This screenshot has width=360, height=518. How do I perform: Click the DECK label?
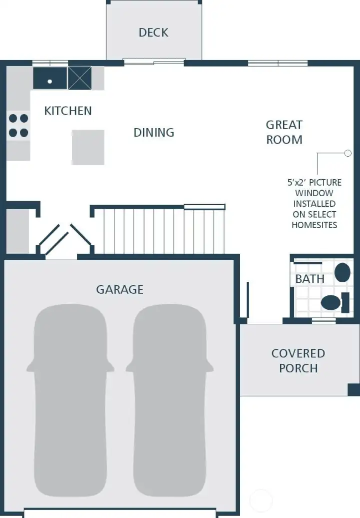point(153,33)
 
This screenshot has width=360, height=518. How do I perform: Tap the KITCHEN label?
point(68,111)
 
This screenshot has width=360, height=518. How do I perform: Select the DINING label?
point(154,133)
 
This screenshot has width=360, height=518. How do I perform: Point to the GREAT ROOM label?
point(284,132)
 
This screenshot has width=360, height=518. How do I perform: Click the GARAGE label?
point(119,289)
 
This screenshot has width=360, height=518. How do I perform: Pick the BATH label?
point(309,279)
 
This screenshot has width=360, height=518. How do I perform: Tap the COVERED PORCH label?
point(298,360)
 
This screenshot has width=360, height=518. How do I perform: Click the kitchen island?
point(88,147)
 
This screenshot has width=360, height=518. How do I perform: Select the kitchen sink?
point(50,79)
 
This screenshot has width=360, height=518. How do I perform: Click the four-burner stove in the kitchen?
point(18,126)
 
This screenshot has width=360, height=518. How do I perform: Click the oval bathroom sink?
point(342,272)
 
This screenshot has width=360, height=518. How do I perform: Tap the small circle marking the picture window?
point(348,153)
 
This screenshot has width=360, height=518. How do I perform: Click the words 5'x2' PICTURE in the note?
point(314,183)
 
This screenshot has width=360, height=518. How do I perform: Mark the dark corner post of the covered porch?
point(353,389)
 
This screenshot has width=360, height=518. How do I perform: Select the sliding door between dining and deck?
point(154,62)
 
